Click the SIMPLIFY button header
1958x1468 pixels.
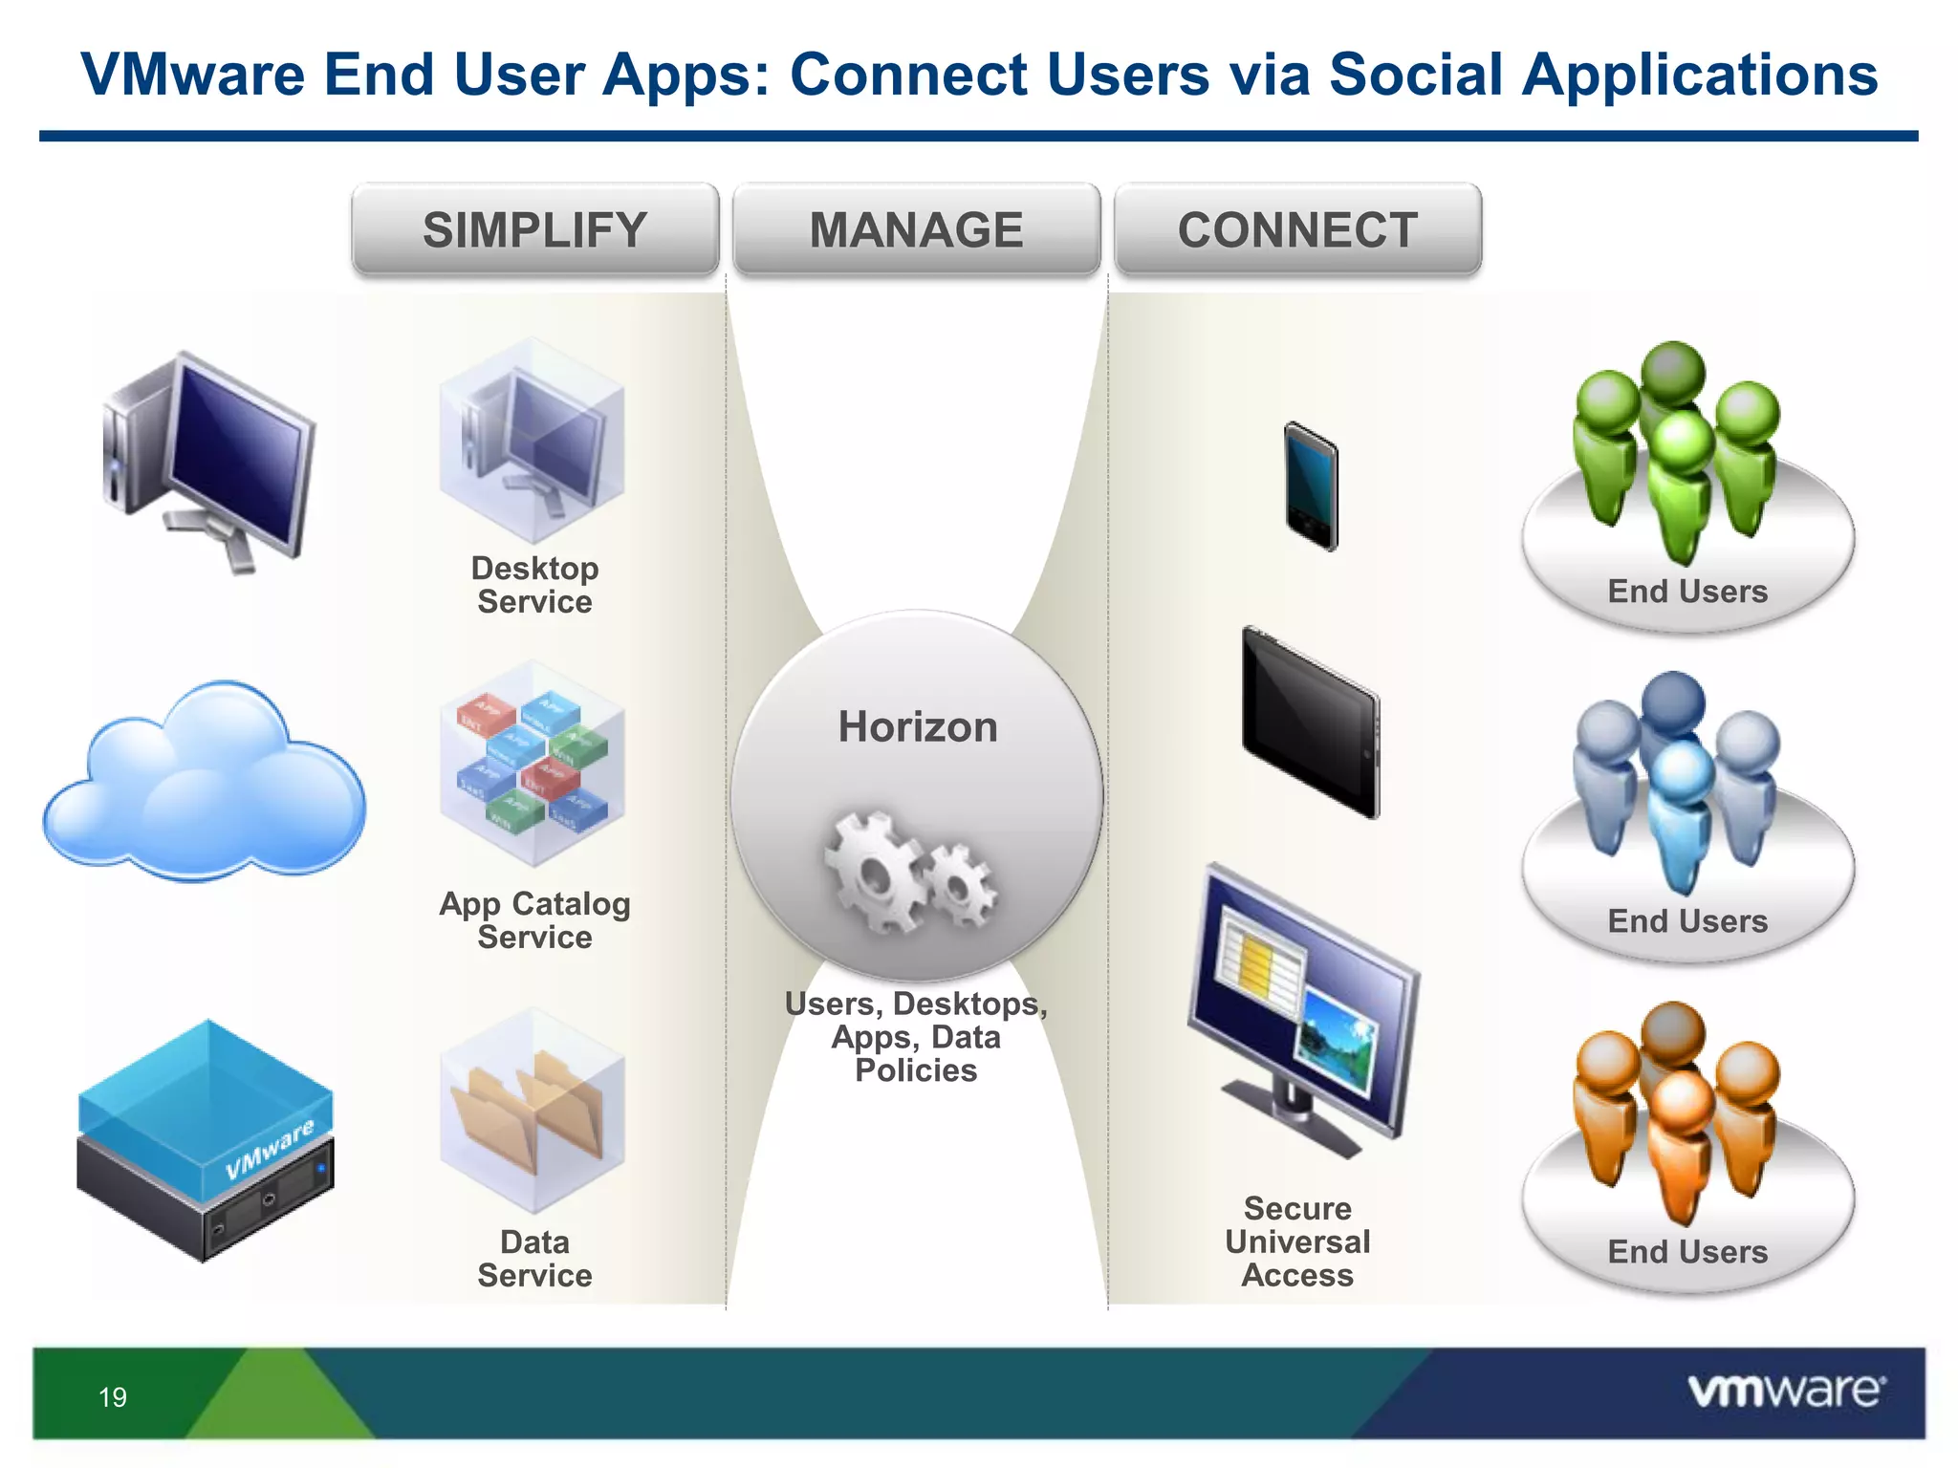(534, 230)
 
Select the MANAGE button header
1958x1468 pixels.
(916, 230)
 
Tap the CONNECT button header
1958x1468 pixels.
(1297, 230)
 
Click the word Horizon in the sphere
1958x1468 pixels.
(917, 726)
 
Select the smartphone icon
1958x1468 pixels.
(1311, 486)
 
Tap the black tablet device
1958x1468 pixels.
(1311, 723)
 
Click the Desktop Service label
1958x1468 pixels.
(534, 585)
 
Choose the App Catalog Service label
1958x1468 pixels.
(534, 919)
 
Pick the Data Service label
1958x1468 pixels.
(534, 1258)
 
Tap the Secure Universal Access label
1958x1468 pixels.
(1297, 1241)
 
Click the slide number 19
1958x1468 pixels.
(113, 1397)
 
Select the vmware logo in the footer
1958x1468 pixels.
(1786, 1391)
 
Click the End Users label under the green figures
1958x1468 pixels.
(1687, 592)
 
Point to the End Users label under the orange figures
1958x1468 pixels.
(1687, 1252)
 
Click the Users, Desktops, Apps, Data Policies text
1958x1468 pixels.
(916, 1037)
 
